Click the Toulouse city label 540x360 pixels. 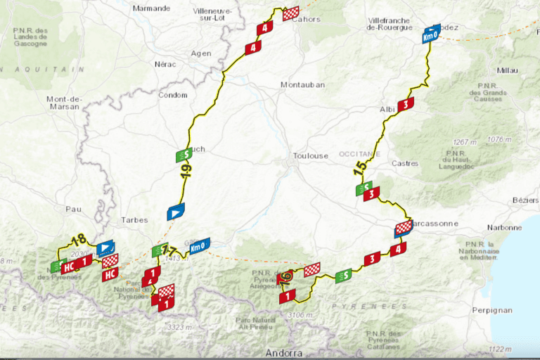(x=310, y=156)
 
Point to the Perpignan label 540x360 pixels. (x=512, y=309)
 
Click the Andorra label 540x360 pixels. (x=283, y=352)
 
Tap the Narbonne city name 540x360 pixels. (x=504, y=228)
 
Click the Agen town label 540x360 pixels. (x=201, y=53)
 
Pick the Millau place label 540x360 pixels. (x=506, y=70)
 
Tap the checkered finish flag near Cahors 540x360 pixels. (x=291, y=13)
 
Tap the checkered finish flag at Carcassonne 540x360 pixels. (x=403, y=227)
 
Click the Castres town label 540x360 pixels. (x=405, y=164)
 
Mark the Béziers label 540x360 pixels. (x=525, y=200)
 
